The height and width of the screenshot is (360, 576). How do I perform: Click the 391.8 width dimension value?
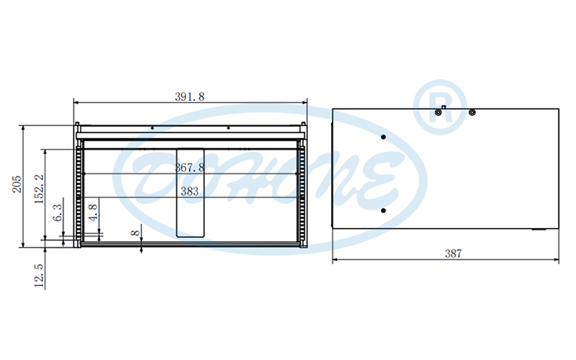190,97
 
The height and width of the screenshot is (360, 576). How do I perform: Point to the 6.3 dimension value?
58,214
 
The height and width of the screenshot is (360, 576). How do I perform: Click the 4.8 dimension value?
93,213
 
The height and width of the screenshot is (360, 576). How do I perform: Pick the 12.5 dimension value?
39,275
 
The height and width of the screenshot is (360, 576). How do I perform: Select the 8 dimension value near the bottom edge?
136,233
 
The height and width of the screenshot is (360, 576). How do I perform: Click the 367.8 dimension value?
190,167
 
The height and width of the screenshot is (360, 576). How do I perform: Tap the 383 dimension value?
190,192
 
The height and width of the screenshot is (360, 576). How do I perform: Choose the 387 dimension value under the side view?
453,253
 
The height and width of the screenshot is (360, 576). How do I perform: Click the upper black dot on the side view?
382,137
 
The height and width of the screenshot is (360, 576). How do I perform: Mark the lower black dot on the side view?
382,210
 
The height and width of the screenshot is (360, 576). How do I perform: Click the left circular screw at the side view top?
438,113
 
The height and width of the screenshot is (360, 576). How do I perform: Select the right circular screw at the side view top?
472,113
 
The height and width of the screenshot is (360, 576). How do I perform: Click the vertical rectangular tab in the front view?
190,191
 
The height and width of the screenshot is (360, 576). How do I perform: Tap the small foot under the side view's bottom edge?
539,230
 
